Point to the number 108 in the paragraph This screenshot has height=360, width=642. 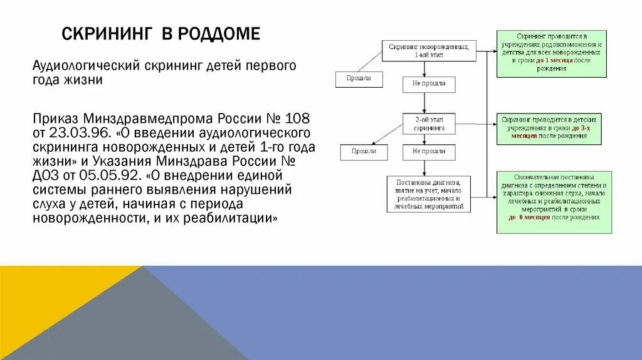click(298, 119)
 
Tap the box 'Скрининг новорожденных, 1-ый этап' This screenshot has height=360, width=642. click(429, 51)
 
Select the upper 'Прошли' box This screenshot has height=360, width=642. click(359, 79)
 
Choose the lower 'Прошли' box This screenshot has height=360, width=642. click(364, 152)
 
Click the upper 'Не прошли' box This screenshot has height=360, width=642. click(429, 84)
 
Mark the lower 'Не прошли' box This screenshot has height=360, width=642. click(429, 152)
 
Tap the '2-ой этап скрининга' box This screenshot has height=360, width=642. click(429, 123)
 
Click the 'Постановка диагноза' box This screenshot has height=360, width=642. click(429, 194)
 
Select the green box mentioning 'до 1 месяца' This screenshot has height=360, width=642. click(551, 53)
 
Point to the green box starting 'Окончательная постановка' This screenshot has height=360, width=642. click(554, 202)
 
